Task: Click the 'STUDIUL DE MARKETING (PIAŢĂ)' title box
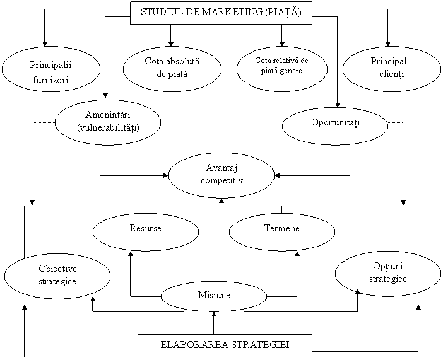coord(221,13)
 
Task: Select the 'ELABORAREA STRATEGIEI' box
coord(225,345)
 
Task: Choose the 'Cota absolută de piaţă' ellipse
coord(172,67)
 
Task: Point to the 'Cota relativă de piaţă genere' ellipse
coord(282,66)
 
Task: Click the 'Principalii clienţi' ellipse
coord(391,67)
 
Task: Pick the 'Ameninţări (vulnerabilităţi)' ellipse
coord(107,121)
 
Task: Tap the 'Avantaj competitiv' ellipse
coord(222,174)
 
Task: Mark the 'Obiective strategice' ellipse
coord(57,275)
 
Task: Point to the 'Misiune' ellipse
coord(214,296)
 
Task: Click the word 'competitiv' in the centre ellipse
coord(222,180)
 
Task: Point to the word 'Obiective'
coord(57,269)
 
